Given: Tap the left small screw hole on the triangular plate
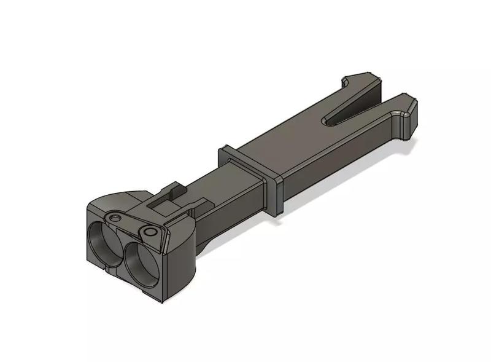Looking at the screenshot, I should [x=115, y=218].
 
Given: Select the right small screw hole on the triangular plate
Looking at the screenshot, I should [x=149, y=232].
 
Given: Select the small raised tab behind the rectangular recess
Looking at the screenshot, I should [x=173, y=185].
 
